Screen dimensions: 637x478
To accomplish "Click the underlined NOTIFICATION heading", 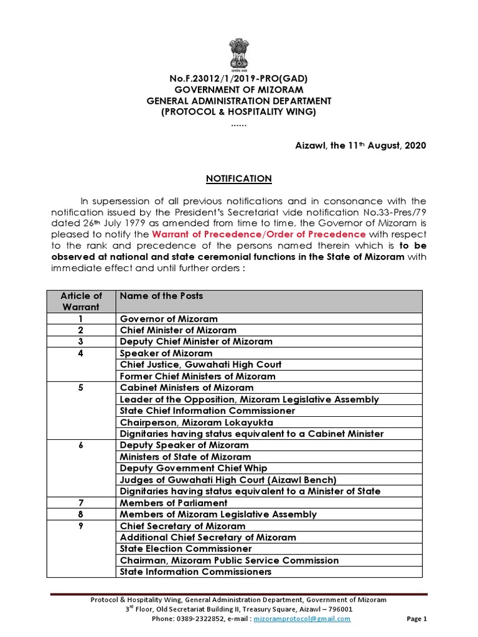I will (238, 179).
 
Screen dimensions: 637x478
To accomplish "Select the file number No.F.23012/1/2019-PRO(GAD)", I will (238, 78).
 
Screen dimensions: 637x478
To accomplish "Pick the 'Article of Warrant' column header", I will (81, 301).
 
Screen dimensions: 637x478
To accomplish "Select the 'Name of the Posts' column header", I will (161, 296).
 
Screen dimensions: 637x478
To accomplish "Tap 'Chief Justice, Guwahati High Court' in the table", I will (200, 365).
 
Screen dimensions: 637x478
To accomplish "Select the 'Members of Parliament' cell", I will (174, 503).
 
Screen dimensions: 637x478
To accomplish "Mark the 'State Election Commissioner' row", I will (185, 549).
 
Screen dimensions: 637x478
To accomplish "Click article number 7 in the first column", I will (81, 503).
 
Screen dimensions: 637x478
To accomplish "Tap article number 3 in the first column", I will (81, 342).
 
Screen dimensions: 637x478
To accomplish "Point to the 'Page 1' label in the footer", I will (416, 619).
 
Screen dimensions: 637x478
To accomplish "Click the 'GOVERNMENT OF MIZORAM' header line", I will (238, 90).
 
